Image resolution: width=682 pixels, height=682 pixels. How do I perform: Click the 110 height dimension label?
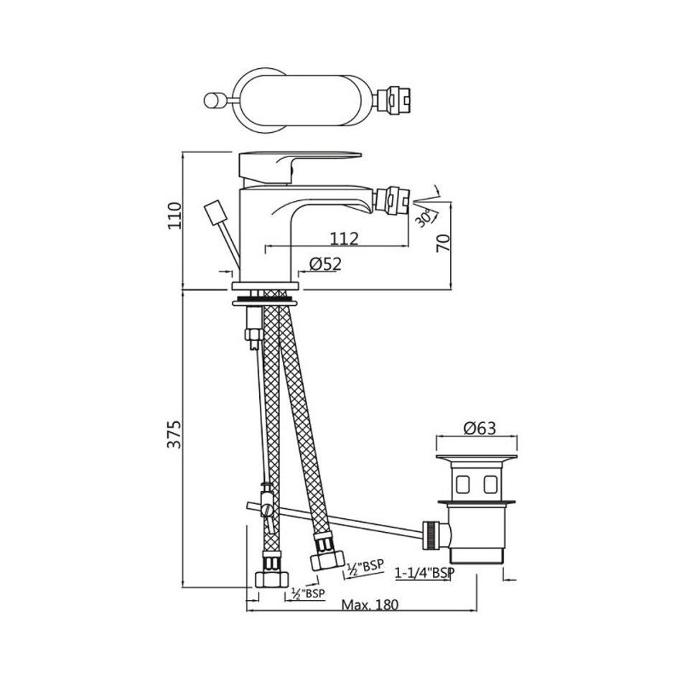click(175, 215)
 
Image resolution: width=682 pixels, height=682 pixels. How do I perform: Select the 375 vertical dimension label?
click(175, 434)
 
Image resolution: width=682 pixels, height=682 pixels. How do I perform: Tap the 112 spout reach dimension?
click(344, 238)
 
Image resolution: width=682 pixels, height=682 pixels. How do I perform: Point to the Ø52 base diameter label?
click(325, 263)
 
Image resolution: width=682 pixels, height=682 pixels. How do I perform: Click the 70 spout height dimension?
click(443, 243)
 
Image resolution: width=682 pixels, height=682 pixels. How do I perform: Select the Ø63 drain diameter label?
click(480, 428)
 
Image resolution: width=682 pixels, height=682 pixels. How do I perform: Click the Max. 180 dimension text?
click(370, 604)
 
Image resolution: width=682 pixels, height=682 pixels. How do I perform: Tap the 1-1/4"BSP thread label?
click(424, 573)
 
